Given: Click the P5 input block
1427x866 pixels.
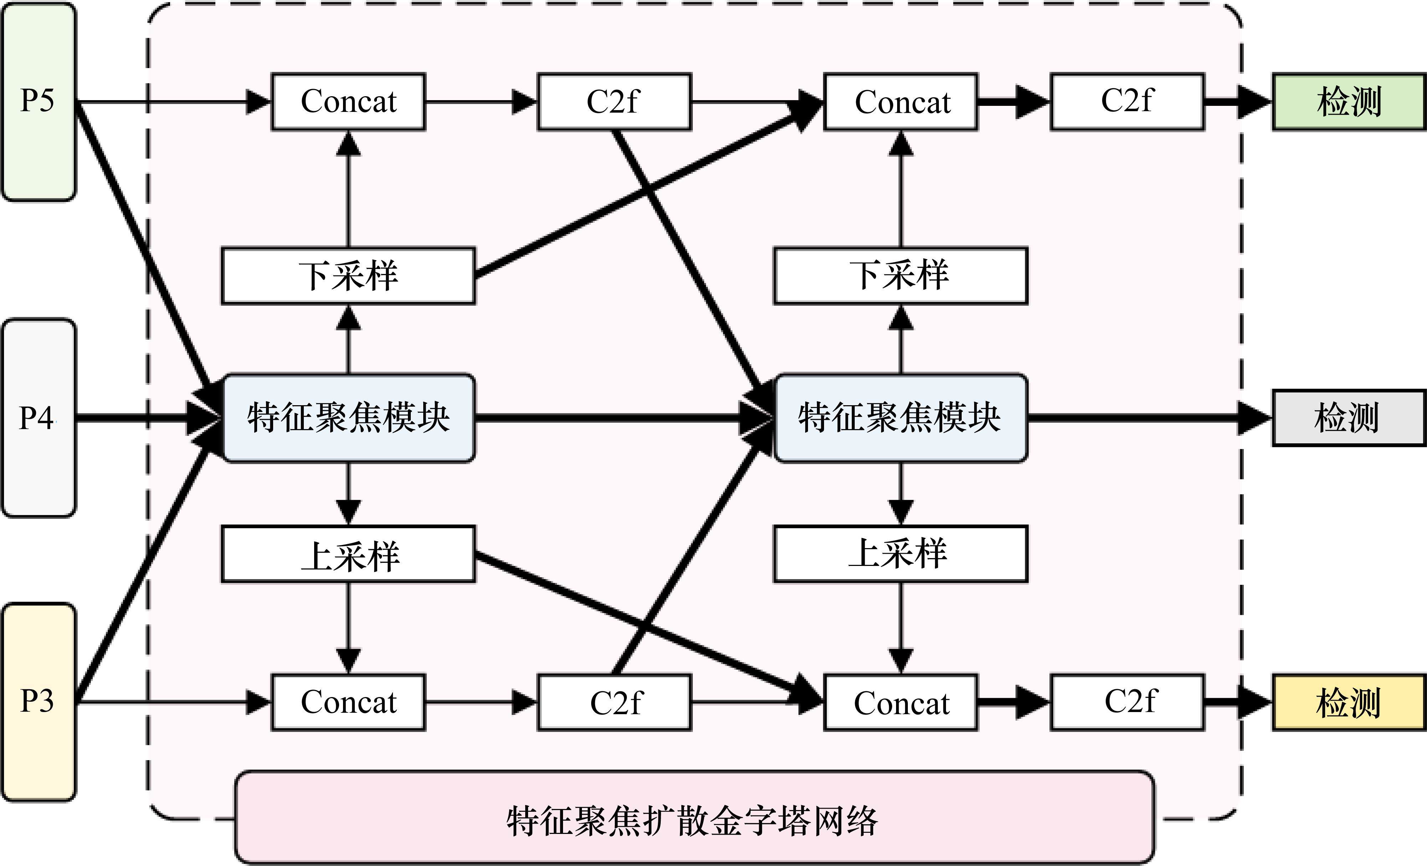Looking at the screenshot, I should (x=38, y=102).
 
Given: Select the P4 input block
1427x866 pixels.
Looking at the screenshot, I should (x=38, y=417).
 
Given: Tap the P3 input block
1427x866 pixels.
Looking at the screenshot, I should (x=38, y=702).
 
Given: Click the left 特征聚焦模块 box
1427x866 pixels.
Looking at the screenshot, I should (x=349, y=417).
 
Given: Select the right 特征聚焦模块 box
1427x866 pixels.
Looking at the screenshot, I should (x=901, y=417).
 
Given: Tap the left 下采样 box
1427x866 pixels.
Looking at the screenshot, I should (x=349, y=275).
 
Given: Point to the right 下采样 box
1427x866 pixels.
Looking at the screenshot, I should (x=901, y=275).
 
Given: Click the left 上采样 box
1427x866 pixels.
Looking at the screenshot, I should (x=349, y=554).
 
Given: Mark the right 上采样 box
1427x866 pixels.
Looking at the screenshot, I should (x=901, y=554).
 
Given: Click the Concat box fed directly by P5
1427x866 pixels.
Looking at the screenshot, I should (x=349, y=102).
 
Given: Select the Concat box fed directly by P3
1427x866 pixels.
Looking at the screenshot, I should (x=349, y=702).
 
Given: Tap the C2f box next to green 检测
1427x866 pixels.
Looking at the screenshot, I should (x=1127, y=102).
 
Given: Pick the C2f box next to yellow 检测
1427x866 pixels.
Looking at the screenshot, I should (x=1127, y=702).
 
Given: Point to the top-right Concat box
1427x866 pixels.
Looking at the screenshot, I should (x=901, y=102).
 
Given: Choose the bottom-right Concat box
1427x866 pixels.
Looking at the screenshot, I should (x=901, y=702).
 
